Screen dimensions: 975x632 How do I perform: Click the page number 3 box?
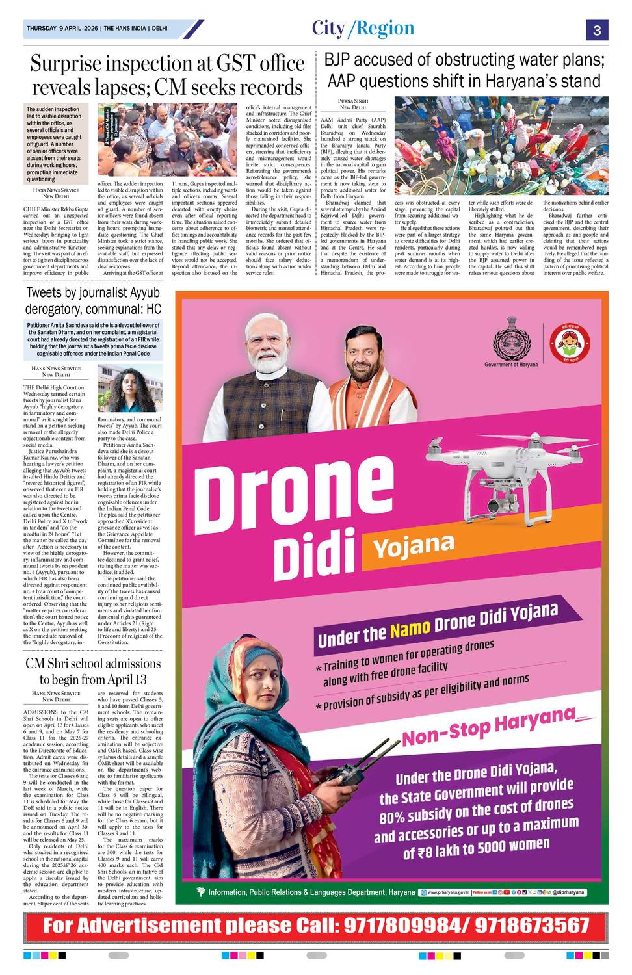[x=596, y=31]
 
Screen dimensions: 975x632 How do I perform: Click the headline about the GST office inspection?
[x=167, y=75]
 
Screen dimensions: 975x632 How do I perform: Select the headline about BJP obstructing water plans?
[x=464, y=70]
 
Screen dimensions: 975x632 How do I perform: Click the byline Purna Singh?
[x=353, y=101]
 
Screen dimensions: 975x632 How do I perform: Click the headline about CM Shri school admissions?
[x=92, y=671]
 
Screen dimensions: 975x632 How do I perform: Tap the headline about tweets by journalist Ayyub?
[x=93, y=302]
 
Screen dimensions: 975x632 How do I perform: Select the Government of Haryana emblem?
[x=511, y=340]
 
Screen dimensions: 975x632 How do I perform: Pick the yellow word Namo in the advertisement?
[x=410, y=629]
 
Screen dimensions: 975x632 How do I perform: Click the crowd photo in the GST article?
[x=166, y=140]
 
